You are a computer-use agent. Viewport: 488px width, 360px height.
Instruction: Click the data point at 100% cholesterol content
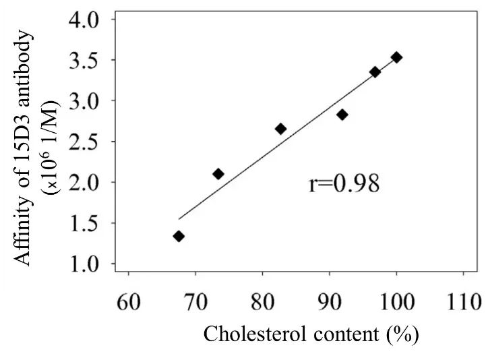coord(396,57)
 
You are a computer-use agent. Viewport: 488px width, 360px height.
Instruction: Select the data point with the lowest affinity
coord(179,236)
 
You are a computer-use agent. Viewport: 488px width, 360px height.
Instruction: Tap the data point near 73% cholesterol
coord(218,174)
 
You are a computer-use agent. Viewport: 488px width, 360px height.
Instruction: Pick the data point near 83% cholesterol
coord(280,128)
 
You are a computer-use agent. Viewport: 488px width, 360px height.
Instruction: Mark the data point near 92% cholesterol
coord(342,115)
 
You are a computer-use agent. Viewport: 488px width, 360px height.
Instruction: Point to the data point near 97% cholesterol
coord(375,71)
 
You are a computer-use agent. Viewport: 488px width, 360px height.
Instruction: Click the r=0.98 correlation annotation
coord(344,183)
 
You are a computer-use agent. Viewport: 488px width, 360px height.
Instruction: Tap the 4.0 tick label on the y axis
coord(84,20)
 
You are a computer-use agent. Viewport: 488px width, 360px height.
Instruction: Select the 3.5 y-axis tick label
coord(84,60)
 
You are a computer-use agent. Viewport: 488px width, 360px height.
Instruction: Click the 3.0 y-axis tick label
coord(84,101)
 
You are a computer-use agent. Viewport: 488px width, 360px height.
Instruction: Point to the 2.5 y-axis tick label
coord(84,142)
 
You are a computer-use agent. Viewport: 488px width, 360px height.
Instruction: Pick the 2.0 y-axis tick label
coord(84,183)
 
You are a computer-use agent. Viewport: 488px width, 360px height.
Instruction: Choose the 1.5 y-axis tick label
coord(84,223)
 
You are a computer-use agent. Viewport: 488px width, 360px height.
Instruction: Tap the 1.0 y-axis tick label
coord(84,264)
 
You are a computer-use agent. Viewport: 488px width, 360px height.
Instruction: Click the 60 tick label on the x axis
coord(128,300)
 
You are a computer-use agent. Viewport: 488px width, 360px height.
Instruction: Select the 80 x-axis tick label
coord(262,300)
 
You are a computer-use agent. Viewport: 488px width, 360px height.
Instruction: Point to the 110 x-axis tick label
coord(462,300)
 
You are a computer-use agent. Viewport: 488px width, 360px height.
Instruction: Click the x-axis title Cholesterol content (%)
coord(311,334)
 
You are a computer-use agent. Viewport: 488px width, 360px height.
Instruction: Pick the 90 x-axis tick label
coord(329,300)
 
